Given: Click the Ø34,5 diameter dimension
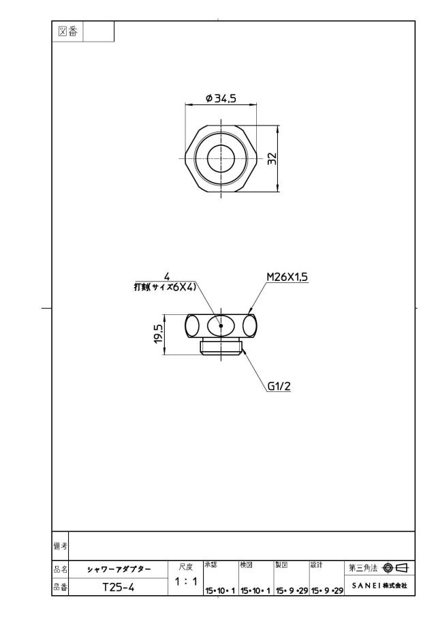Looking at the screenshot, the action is (x=221, y=98).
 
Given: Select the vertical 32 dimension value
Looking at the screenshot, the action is (x=272, y=159).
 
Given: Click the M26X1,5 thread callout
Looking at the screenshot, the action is (x=287, y=277).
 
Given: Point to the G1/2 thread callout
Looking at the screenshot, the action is (x=279, y=387).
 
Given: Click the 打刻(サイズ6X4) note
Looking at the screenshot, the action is (x=165, y=287).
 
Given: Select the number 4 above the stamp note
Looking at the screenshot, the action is (x=167, y=277).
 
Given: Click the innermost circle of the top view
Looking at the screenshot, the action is (x=221, y=159).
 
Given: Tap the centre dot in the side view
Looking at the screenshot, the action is (x=221, y=325).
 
